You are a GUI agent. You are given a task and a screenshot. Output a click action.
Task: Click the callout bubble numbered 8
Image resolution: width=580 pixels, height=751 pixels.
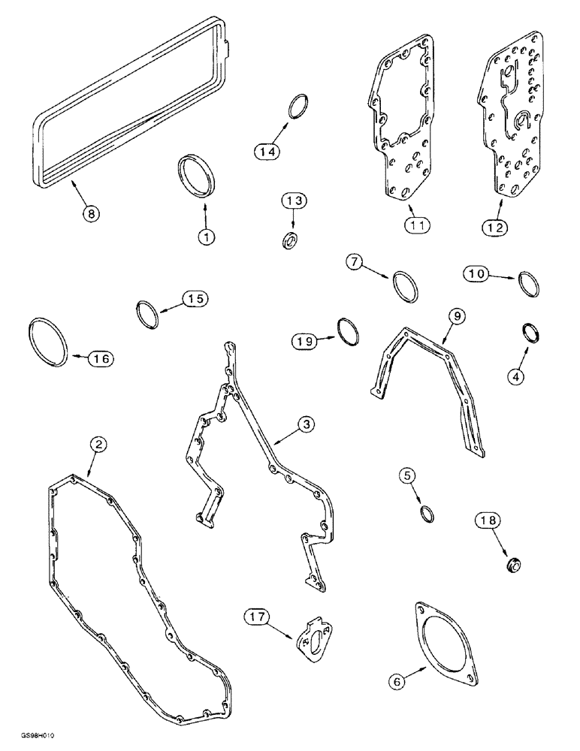[x=91, y=213]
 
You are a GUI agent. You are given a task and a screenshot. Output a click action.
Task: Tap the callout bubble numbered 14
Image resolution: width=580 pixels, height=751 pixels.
[x=265, y=152]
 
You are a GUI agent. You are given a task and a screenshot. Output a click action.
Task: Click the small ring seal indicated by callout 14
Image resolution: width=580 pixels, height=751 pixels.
[x=299, y=107]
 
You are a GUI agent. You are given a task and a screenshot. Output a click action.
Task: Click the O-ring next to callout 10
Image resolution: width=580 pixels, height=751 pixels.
[x=530, y=285]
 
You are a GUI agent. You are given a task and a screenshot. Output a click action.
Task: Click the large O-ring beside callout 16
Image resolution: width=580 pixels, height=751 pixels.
[x=47, y=341]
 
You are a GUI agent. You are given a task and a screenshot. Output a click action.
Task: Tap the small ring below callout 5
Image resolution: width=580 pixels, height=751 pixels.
[x=426, y=513]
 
